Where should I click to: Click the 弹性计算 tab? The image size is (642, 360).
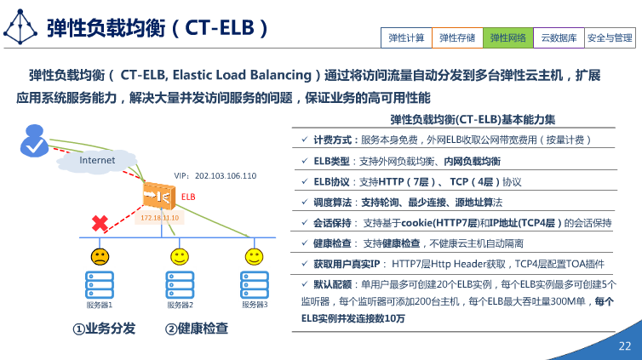pos(406,38)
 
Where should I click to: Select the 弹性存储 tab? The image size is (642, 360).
pos(457,38)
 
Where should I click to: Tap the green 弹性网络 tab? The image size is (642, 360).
pos(508,38)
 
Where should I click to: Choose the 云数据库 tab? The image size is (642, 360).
pos(559,38)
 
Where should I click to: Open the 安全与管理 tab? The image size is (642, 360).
pos(610,38)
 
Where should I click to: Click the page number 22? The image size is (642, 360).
pos(624,346)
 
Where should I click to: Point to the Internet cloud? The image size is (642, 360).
pos(97,160)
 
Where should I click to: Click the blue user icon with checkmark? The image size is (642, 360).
pos(35,140)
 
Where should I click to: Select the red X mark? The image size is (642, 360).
pos(100,223)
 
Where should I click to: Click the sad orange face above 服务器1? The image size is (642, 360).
pos(100,255)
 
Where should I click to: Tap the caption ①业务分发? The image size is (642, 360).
pos(103,328)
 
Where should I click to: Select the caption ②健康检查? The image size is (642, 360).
pos(197,328)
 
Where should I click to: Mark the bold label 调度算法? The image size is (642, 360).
pos(332,203)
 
